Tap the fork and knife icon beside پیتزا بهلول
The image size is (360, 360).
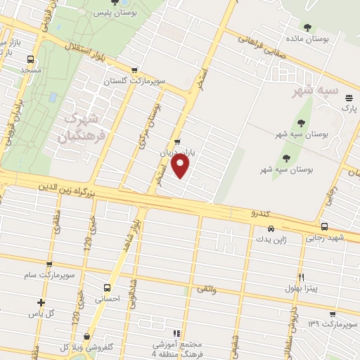pyautogui.click(x=302, y=277)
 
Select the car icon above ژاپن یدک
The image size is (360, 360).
pyautogui.click(x=271, y=229)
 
